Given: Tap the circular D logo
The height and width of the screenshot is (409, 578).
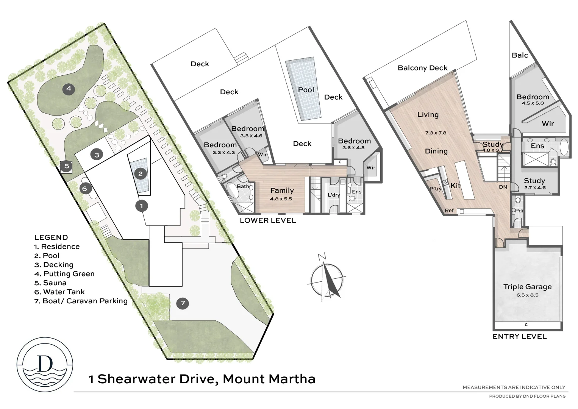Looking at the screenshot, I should click(x=45, y=364).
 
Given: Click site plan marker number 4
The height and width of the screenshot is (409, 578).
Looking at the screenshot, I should click(x=69, y=89).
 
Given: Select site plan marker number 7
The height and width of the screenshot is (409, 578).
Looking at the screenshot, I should click(x=183, y=303).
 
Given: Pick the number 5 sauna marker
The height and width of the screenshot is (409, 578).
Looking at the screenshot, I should click(x=67, y=166).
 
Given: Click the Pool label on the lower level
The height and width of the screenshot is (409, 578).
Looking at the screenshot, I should click(x=306, y=90).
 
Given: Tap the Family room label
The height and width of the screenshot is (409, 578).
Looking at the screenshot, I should click(x=282, y=190).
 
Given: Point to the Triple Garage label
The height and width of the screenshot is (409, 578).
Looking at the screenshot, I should click(x=527, y=287).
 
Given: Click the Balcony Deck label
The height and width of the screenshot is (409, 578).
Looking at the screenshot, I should click(x=422, y=68).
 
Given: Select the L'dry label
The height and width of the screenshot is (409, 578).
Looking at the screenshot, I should click(x=334, y=195).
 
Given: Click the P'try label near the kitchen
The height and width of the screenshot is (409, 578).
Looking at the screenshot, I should click(x=436, y=189).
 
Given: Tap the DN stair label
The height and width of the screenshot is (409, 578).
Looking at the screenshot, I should click(x=503, y=187).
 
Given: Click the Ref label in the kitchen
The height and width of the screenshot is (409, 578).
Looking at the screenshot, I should click(x=449, y=211).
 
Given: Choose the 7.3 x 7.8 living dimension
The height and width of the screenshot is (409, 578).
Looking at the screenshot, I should click(x=436, y=133).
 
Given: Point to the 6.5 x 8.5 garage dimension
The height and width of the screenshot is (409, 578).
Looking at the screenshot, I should click(x=527, y=295).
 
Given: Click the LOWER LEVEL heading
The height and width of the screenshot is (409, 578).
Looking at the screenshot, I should click(x=268, y=220).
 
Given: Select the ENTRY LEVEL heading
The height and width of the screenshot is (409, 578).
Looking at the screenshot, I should click(x=519, y=336).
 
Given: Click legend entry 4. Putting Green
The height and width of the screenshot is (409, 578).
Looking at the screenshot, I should click(x=64, y=274).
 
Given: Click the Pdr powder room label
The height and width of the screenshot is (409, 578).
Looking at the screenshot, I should click(x=519, y=211).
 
